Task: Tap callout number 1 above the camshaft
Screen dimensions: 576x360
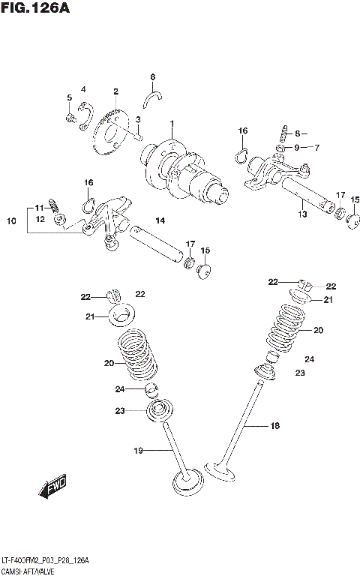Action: pyautogui.click(x=171, y=123)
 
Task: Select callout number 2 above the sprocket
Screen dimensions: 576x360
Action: pyautogui.click(x=116, y=91)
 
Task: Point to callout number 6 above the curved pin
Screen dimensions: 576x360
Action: pyautogui.click(x=152, y=76)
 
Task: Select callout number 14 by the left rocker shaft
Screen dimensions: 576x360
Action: pyautogui.click(x=160, y=220)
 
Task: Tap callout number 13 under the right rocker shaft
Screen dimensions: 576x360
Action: pyautogui.click(x=302, y=214)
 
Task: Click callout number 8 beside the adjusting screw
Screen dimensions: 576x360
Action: pyautogui.click(x=296, y=133)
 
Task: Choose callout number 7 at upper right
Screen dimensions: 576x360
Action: pyautogui.click(x=317, y=147)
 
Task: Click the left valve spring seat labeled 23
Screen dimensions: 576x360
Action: pyautogui.click(x=159, y=410)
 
